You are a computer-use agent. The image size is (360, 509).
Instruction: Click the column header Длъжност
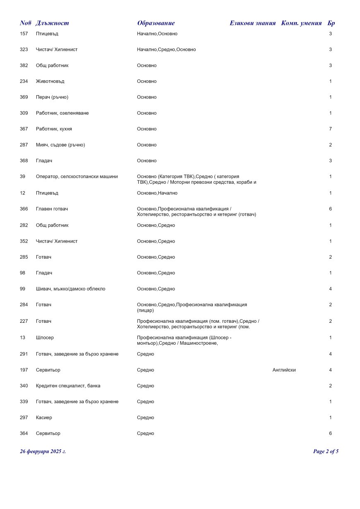[52, 23]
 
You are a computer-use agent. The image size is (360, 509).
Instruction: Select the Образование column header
[156, 23]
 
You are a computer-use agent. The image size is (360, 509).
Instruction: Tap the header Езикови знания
[252, 23]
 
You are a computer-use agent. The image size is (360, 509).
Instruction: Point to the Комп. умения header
[301, 23]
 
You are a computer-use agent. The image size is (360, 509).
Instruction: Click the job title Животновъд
[50, 82]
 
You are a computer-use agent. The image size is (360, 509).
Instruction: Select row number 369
[24, 97]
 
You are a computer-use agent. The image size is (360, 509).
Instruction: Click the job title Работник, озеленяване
[62, 113]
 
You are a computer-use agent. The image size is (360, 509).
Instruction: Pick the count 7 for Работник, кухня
[330, 129]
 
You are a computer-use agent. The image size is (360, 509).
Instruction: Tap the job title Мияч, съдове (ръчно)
[60, 145]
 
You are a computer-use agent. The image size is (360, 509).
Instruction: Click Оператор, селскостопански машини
[77, 177]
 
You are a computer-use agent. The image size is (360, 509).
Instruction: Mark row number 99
[22, 289]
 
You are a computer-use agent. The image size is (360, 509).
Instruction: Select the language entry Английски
[284, 370]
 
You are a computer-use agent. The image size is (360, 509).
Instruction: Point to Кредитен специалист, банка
[68, 386]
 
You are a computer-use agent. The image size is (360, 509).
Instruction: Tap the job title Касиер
[44, 418]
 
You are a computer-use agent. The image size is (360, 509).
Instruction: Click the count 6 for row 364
[330, 433]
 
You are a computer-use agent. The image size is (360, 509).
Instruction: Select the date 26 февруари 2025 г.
[43, 451]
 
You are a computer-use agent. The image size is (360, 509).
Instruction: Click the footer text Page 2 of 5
[326, 451]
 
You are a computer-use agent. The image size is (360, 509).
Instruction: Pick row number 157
[24, 34]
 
